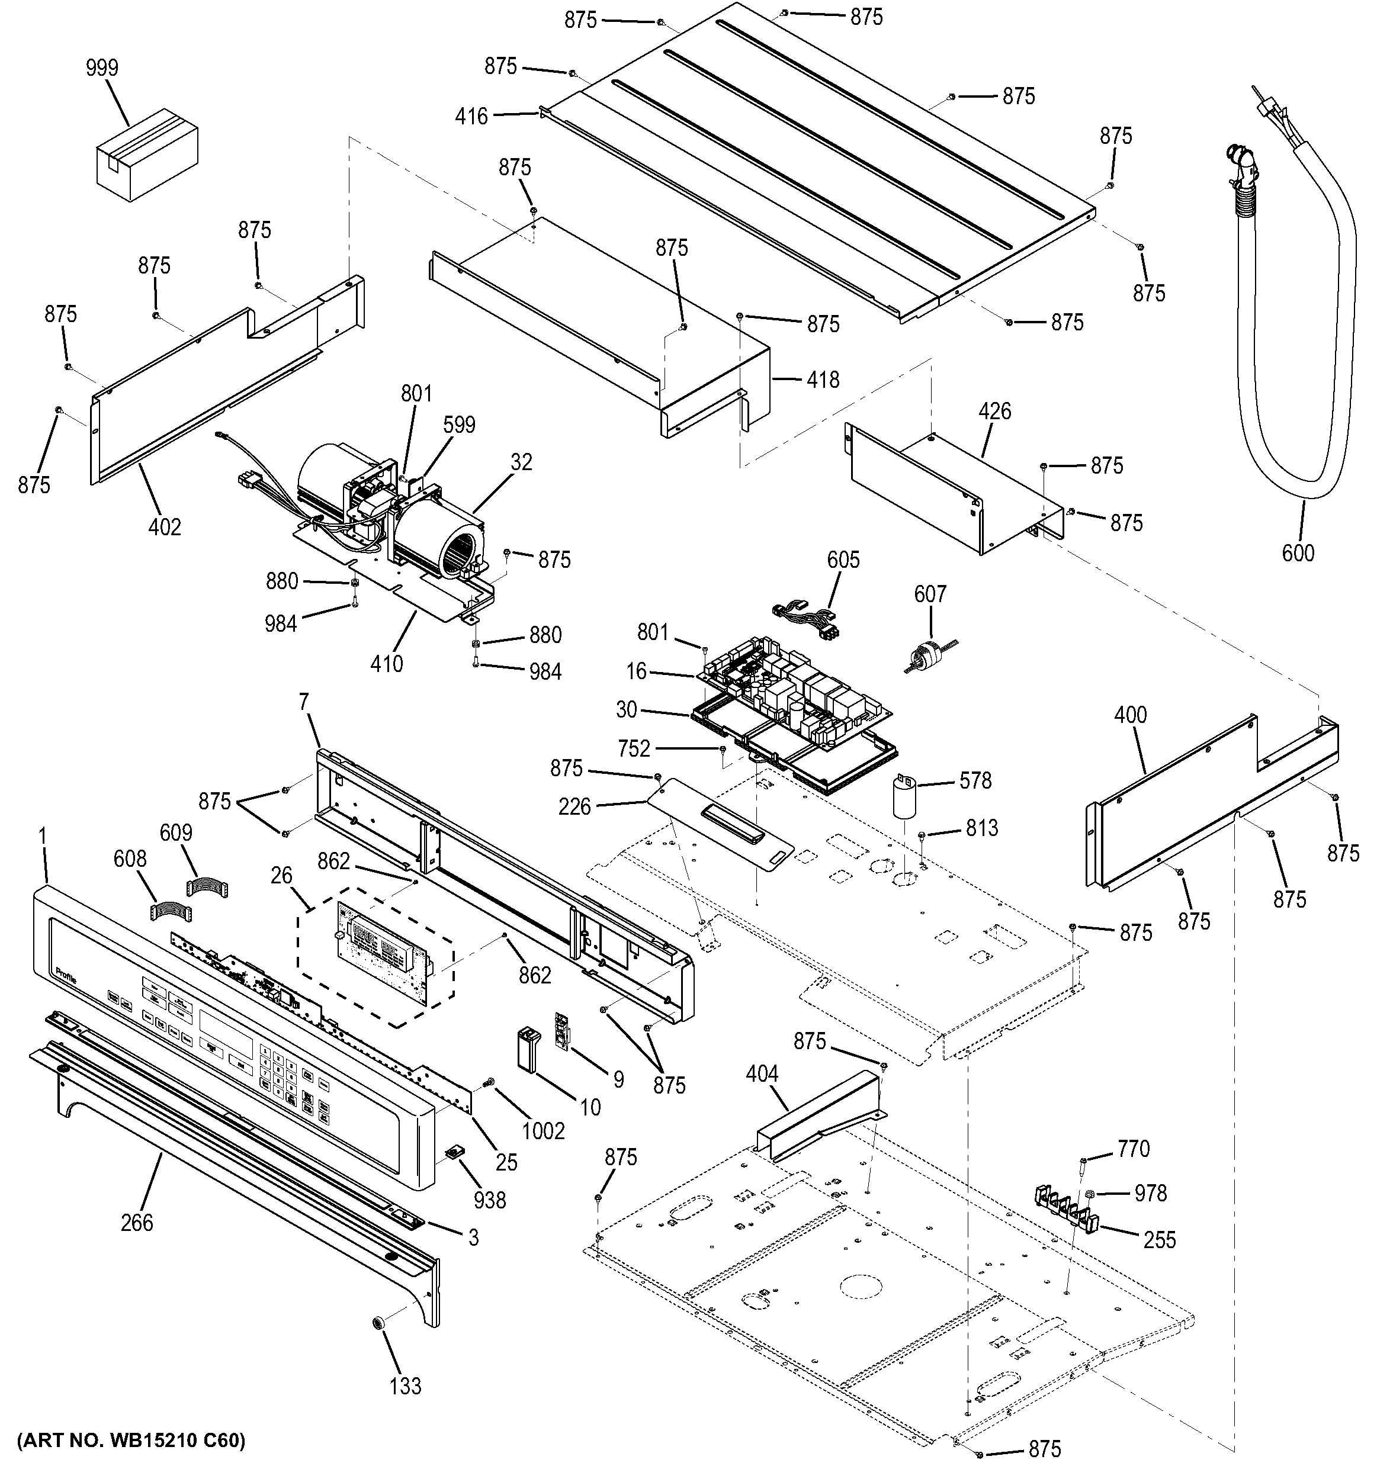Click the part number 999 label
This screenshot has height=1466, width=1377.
(x=102, y=68)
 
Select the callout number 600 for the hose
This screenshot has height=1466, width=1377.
(x=1298, y=552)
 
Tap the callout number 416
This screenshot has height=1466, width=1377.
(x=471, y=116)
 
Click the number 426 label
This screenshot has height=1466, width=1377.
(x=994, y=411)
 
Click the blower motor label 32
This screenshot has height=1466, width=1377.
(x=521, y=462)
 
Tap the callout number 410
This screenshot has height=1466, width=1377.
(x=387, y=663)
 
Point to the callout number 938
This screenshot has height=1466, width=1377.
(x=490, y=1200)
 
